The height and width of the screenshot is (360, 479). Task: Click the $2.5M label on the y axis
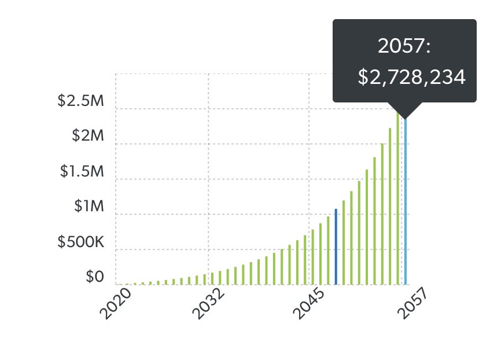pyautogui.click(x=80, y=101)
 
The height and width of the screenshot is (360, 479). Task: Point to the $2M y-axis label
pyautogui.click(x=87, y=136)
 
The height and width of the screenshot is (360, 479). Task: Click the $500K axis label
pyautogui.click(x=80, y=242)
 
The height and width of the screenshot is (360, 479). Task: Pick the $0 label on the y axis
pyautogui.click(x=94, y=277)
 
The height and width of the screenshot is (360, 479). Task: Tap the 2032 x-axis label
pyautogui.click(x=208, y=304)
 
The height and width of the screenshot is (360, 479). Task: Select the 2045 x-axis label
pyautogui.click(x=309, y=304)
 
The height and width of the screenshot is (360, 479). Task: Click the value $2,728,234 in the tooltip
pyautogui.click(x=411, y=78)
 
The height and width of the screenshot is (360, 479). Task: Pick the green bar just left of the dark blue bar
pyautogui.click(x=328, y=251)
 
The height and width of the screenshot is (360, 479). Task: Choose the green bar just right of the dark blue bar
pyautogui.click(x=344, y=243)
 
